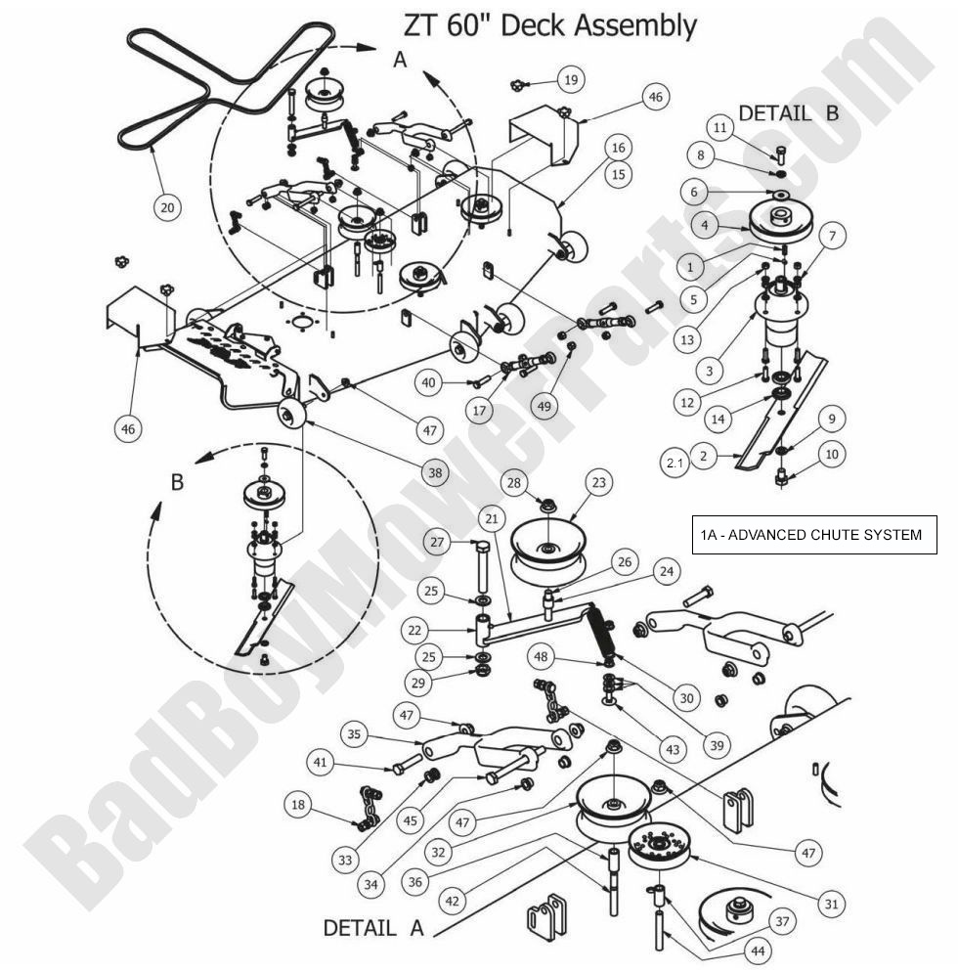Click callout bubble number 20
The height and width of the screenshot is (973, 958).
pyautogui.click(x=167, y=206)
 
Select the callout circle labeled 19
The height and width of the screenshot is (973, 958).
pyautogui.click(x=570, y=79)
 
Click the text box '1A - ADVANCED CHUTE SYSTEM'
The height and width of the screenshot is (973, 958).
pyautogui.click(x=810, y=535)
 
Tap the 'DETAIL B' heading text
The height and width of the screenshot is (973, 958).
pyautogui.click(x=788, y=112)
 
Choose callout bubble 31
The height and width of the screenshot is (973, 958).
pyautogui.click(x=832, y=905)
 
